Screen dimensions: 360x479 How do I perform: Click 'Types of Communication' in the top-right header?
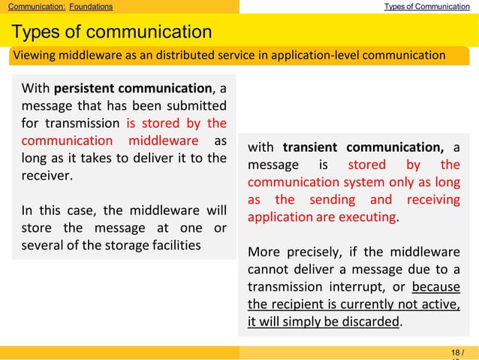(427, 7)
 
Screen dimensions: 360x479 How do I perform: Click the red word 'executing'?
(368, 217)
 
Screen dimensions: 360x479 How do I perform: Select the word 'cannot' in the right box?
(268, 269)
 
